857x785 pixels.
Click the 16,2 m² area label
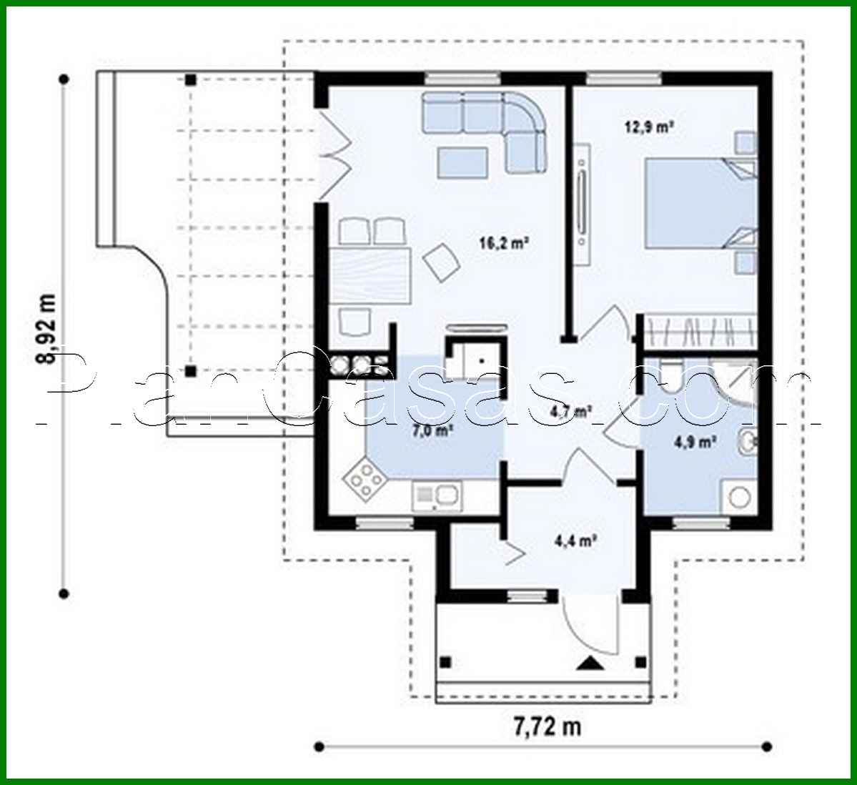point(503,243)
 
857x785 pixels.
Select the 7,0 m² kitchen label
point(433,431)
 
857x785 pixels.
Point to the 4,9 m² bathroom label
point(695,443)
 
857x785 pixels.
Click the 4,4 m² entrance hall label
point(575,541)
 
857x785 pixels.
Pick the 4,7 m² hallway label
point(570,412)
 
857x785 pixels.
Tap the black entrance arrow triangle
point(590,664)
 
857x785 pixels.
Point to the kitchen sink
point(437,495)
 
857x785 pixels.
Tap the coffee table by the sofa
point(462,162)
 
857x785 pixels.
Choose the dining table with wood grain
point(372,276)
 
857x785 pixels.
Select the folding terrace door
point(333,154)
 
